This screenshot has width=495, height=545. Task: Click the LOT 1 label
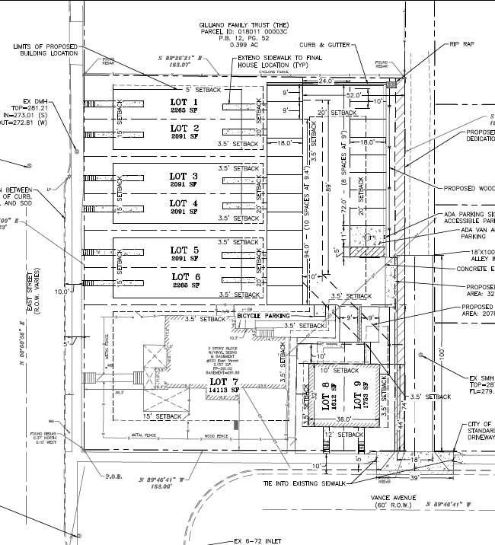(x=183, y=103)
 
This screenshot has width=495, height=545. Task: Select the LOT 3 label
(x=183, y=177)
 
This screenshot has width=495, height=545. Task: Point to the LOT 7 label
(x=219, y=381)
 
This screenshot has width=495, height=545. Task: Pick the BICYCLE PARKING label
(x=263, y=314)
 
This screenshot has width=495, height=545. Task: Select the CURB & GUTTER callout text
(x=325, y=45)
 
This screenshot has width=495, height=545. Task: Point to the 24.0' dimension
(x=327, y=80)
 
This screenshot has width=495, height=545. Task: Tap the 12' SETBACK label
(x=344, y=434)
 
